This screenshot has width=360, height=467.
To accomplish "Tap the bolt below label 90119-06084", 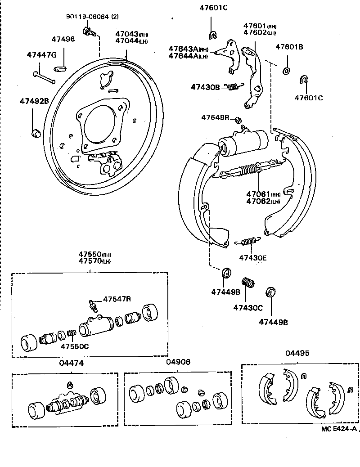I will (88, 31).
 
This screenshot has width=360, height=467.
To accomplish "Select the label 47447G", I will (41, 55).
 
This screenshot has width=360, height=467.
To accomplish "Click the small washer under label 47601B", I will (286, 71).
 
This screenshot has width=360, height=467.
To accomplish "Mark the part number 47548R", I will (215, 117).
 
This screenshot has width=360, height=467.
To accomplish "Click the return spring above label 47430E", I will (247, 242).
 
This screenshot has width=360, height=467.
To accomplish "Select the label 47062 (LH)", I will (263, 201).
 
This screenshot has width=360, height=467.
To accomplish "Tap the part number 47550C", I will (75, 346).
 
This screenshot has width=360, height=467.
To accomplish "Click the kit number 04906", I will (178, 362).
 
